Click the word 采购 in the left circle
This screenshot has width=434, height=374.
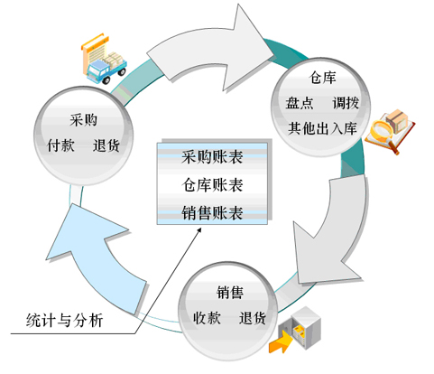pos(84,120)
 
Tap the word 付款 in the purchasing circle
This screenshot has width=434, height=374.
pos(60,145)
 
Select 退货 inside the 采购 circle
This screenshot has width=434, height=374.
pos(106,145)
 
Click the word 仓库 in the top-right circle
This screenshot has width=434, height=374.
pos(322,78)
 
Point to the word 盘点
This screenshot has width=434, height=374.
pos(300,103)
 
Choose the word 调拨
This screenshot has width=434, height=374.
pos(346,103)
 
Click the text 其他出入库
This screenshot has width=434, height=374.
pos(322,128)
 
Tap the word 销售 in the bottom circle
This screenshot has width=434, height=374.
pos(230,293)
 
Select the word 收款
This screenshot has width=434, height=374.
pos(207,318)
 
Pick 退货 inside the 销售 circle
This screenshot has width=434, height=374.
pos(253,318)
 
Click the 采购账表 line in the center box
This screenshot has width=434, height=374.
pos(212,157)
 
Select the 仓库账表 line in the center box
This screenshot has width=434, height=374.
pos(212,185)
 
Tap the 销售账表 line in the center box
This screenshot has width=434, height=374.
pos(212,213)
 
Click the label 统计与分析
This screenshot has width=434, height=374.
pos(65,320)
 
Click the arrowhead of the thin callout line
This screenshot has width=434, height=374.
pos(200,229)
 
